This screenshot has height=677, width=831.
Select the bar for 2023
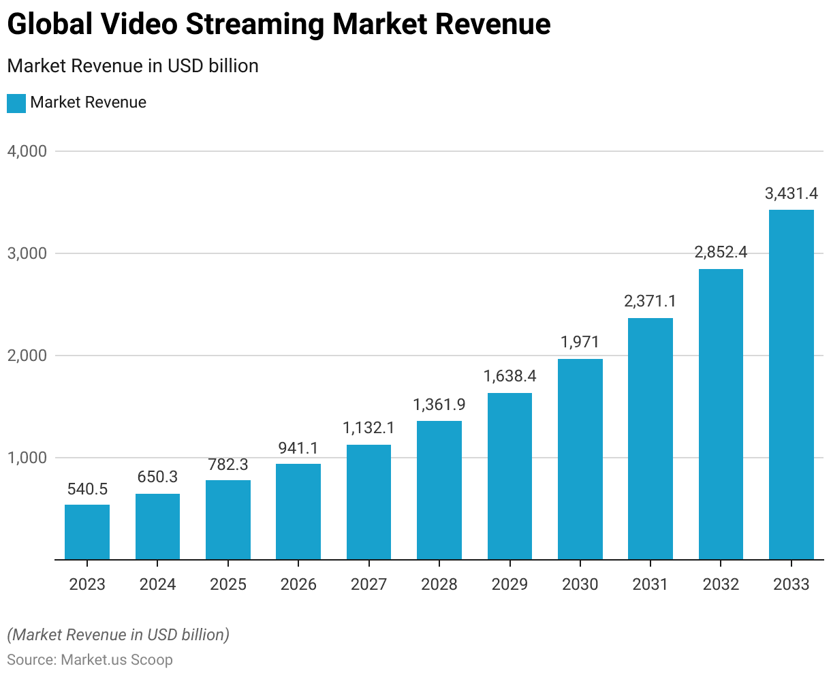[87, 532]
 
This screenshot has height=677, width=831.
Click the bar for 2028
[439, 490]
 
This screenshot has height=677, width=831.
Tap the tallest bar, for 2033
[791, 385]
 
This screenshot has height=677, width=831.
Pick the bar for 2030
[580, 459]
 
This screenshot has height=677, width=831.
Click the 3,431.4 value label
[791, 194]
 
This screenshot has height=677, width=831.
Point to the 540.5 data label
[87, 489]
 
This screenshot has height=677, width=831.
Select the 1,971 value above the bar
[580, 343]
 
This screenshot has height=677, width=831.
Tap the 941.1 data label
[298, 448]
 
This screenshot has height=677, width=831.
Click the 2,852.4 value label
[721, 253]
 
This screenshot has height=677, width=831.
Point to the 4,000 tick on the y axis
[27, 151]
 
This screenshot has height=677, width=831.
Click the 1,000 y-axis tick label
[27, 458]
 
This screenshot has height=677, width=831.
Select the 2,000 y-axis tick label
[27, 356]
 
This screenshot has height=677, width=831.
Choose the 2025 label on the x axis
[228, 584]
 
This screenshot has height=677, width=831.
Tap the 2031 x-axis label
[650, 584]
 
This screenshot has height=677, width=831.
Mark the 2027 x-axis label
[369, 584]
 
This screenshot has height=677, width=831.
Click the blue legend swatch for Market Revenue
[16, 103]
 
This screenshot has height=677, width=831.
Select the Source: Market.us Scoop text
[90, 660]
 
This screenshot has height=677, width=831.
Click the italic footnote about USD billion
[119, 635]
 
